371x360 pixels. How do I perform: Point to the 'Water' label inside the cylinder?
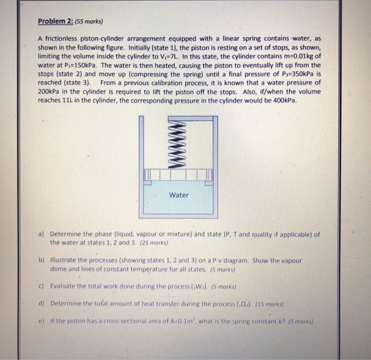click(x=179, y=195)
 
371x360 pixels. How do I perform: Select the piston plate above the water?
click(x=178, y=174)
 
